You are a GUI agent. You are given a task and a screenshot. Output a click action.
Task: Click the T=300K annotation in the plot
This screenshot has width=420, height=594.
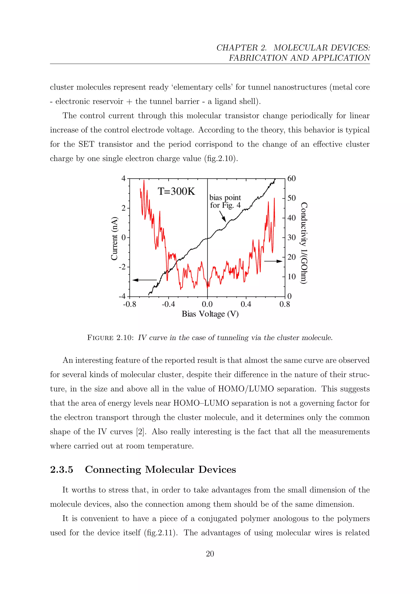point(176,191)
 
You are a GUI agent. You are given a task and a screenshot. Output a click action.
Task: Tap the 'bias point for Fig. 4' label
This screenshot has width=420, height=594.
point(225,201)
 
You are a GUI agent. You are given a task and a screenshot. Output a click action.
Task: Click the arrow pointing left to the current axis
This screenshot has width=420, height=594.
point(144,280)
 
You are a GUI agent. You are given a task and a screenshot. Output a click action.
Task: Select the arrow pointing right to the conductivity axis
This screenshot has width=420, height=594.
point(273,261)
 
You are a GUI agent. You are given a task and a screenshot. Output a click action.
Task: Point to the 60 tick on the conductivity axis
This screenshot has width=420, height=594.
point(291,178)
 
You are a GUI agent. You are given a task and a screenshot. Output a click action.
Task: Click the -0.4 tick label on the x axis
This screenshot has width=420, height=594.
point(168,304)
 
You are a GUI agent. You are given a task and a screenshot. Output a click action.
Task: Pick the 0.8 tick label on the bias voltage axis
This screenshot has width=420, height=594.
point(284,304)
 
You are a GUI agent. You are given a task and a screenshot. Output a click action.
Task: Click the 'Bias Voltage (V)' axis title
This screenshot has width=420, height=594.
point(210,314)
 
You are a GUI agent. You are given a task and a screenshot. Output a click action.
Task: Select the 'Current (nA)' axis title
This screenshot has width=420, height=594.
point(114,238)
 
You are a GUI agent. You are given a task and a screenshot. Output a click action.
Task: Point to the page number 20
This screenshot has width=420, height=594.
point(210,554)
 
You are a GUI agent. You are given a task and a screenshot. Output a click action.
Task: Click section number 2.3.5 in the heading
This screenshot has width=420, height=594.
point(62,469)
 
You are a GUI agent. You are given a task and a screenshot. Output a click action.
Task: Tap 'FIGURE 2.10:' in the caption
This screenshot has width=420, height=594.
point(110,338)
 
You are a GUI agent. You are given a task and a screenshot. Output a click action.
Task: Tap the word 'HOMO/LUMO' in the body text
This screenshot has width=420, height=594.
point(246,389)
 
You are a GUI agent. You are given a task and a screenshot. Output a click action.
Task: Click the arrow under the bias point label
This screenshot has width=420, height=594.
point(223,216)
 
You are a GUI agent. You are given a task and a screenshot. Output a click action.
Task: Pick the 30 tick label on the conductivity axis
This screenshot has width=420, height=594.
point(291,237)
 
